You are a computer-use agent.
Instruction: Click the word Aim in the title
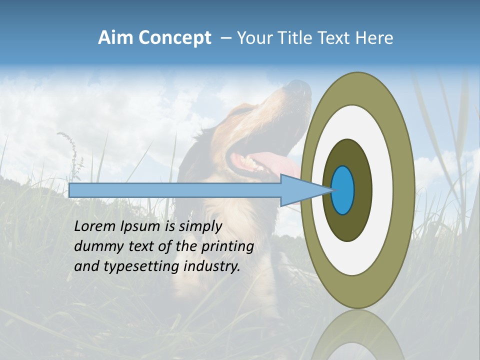point(115,38)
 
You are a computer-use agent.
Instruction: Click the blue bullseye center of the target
point(343,190)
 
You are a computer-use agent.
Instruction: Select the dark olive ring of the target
point(362,190)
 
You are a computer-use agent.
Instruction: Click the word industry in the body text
point(212,266)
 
